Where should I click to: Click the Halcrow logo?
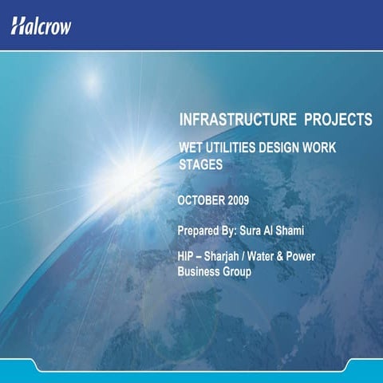(41, 26)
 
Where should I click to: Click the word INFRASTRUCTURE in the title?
(237, 120)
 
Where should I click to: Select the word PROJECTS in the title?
(338, 120)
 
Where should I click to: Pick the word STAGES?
(199, 164)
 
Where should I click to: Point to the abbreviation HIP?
(188, 258)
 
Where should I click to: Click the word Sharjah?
(232, 258)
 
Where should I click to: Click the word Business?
(200, 272)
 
